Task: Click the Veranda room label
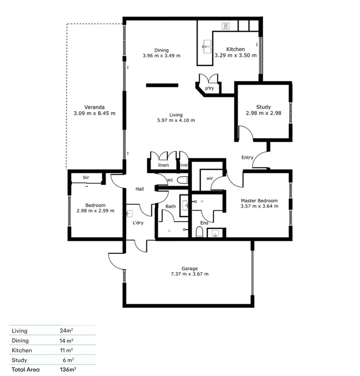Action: coord(94,107)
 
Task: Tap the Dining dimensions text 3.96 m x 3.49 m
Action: coord(161,56)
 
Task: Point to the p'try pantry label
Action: coord(210,88)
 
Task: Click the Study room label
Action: coord(263,107)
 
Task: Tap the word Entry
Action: coord(247,158)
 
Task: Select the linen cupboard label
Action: coord(163,165)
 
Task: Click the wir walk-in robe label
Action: coord(210,178)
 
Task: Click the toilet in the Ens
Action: coord(200,232)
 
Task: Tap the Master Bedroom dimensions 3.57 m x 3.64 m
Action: coord(259,206)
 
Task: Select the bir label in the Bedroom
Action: coord(86,177)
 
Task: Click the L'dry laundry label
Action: coord(138,223)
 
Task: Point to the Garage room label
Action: coord(189,268)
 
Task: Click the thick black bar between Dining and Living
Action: coord(162,85)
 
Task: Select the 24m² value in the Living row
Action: coord(67,330)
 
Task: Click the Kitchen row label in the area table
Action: coord(22,350)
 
